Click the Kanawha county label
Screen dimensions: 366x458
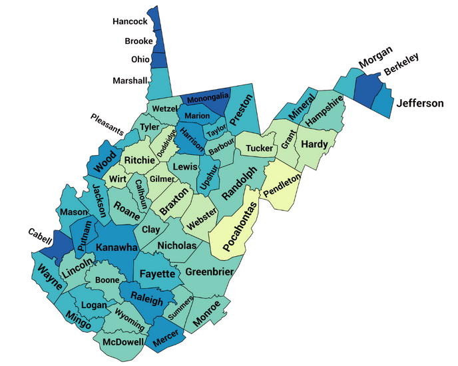click(116, 248)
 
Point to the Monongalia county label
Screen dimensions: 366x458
click(208, 100)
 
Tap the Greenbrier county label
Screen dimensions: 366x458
click(209, 272)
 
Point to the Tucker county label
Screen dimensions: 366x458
click(259, 148)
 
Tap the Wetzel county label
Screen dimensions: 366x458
click(164, 108)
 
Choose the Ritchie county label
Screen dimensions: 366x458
click(140, 160)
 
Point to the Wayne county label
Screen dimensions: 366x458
click(49, 276)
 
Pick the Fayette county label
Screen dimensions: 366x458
click(156, 274)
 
